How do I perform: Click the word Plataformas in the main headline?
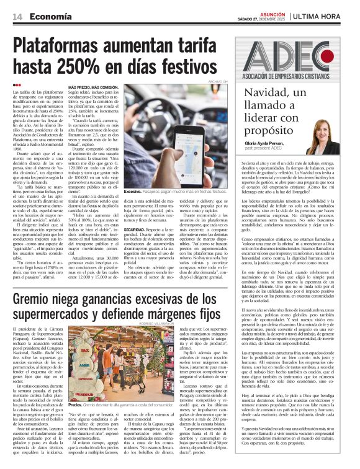tap(66, 45)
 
